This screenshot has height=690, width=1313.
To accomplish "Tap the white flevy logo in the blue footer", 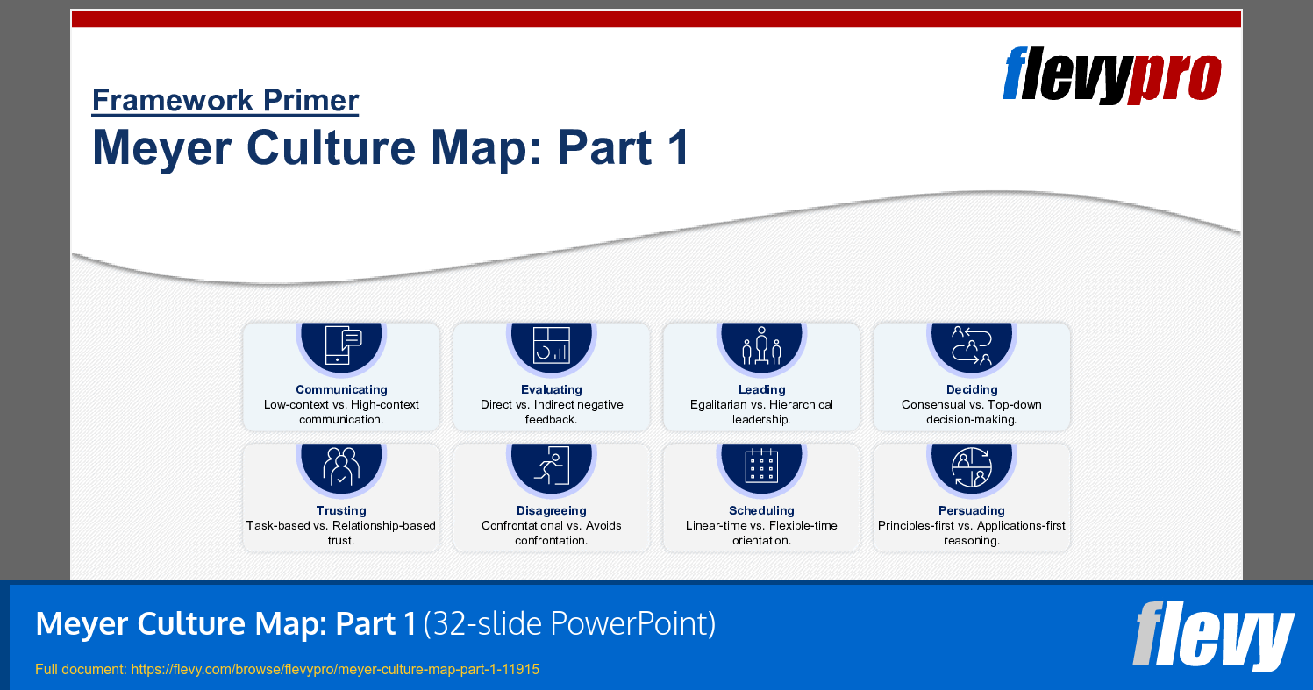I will point(1213,635).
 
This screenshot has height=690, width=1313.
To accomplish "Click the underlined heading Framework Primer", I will point(225,101).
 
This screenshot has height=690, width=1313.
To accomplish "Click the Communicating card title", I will point(341,389).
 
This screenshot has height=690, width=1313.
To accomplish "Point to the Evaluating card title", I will point(551,389).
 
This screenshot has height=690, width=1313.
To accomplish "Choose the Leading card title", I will point(761,389).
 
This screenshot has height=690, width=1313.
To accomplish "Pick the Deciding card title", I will point(972,389).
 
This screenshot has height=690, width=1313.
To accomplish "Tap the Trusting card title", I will point(341,510).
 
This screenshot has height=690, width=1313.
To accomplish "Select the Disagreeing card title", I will point(551,510).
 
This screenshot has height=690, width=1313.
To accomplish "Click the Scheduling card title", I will point(761,510).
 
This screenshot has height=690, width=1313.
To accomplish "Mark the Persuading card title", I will point(972,510).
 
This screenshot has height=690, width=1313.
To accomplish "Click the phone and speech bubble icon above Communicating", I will point(341,345).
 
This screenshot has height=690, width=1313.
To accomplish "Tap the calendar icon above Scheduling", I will point(761,466).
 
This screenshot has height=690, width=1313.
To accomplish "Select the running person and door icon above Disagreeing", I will point(551,466).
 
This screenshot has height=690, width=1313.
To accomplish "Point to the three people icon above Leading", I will point(761,345).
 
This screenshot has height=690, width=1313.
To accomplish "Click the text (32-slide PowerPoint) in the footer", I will point(569,623).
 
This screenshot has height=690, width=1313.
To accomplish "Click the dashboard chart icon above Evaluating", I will point(551,345).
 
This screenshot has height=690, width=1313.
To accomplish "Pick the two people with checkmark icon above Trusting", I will point(341,466).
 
